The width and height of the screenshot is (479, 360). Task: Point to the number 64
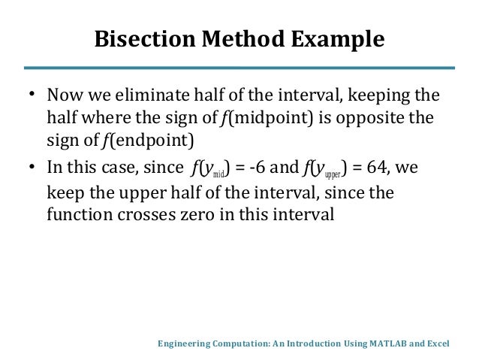tap(384, 170)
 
